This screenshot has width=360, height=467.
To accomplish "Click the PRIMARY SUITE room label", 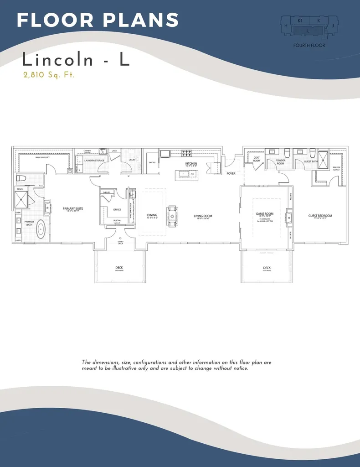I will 73,208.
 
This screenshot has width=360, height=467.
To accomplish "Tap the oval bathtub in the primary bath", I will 41,228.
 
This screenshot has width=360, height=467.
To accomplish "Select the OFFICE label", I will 117,209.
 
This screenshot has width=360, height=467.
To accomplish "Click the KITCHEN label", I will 191,163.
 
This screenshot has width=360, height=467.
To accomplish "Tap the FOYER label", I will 231,173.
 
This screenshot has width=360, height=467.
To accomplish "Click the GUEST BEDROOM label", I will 320,216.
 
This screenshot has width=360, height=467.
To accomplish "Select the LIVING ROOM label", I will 203,216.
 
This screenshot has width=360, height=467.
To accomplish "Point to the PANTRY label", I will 152,162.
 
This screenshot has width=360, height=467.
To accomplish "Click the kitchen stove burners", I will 187,153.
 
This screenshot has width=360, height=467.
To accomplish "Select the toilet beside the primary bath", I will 21,178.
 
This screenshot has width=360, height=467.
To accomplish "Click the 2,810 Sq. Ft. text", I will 49,75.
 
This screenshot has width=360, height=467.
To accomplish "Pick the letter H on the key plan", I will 286,26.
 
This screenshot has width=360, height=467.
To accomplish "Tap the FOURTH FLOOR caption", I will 309,45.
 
